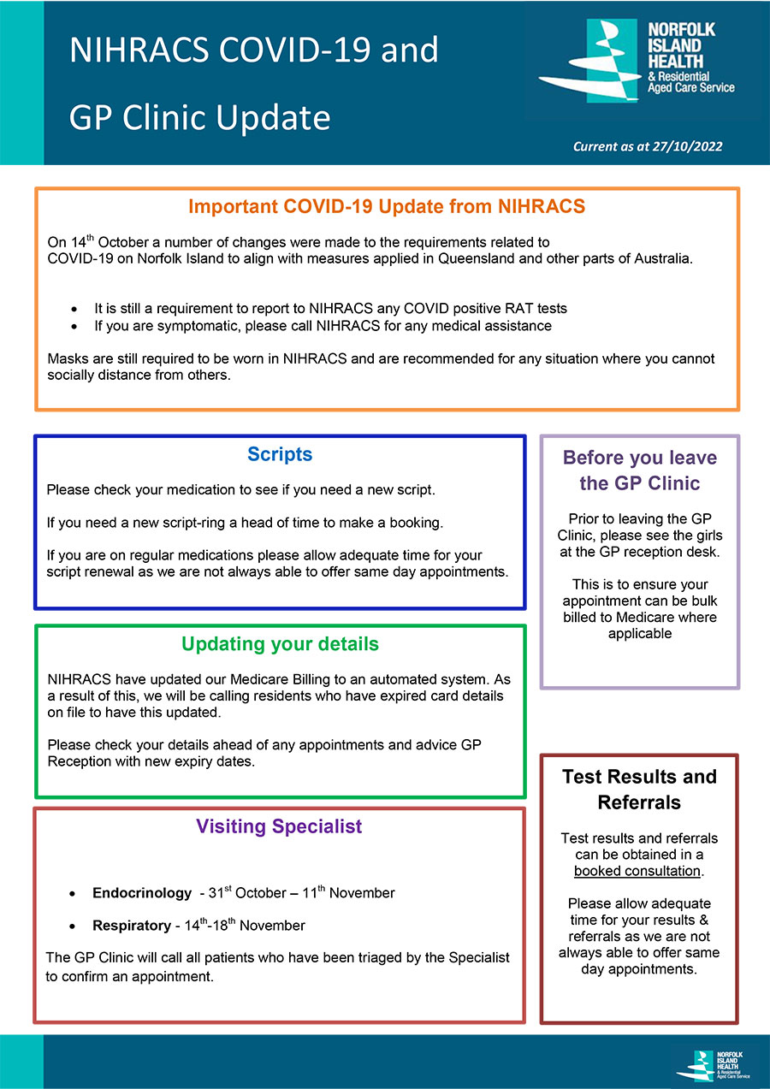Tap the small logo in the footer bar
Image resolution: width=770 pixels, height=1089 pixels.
point(712,1062)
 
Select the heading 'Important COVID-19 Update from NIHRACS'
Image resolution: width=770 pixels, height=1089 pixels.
point(387,206)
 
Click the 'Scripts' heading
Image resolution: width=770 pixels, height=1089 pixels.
point(280,454)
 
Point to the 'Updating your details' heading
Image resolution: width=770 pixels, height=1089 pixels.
point(280,643)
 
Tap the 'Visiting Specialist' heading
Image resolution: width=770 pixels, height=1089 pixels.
point(279,826)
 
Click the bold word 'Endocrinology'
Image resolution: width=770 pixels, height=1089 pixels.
point(142,893)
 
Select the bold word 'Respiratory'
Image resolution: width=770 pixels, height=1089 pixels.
point(132,926)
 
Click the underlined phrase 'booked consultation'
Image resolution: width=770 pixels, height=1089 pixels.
point(637,871)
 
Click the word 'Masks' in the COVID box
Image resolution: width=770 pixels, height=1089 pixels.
point(67,358)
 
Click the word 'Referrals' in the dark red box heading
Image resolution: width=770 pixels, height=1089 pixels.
point(639,802)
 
